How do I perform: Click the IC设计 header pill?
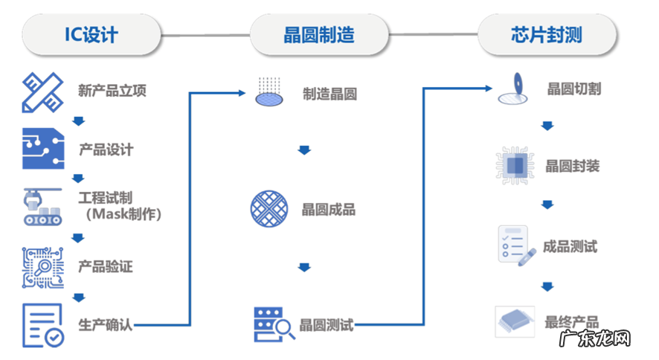[91, 35]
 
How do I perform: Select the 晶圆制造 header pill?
[318, 35]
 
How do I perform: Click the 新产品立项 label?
[112, 91]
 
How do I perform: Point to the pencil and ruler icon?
[43, 91]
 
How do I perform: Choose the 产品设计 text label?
[106, 150]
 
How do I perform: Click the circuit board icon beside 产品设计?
[43, 148]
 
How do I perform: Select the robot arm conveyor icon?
[43, 206]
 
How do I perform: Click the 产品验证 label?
[106, 266]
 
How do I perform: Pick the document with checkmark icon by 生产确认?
[43, 325]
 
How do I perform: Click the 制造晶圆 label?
[329, 94]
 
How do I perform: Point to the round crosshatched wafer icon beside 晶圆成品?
[269, 208]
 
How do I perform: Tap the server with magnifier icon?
[269, 324]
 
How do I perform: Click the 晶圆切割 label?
[574, 89]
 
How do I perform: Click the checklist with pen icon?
[516, 246]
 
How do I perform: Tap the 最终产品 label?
[572, 323]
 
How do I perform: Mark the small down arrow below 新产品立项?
[77, 121]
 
